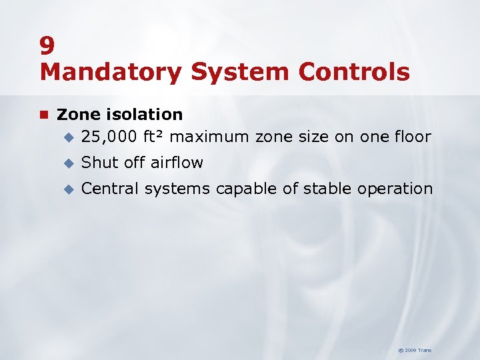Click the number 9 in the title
(x=47, y=45)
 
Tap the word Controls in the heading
(x=357, y=72)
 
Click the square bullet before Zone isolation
(x=44, y=115)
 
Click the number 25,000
(x=109, y=137)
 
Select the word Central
(x=110, y=189)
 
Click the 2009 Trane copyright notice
(x=415, y=350)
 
